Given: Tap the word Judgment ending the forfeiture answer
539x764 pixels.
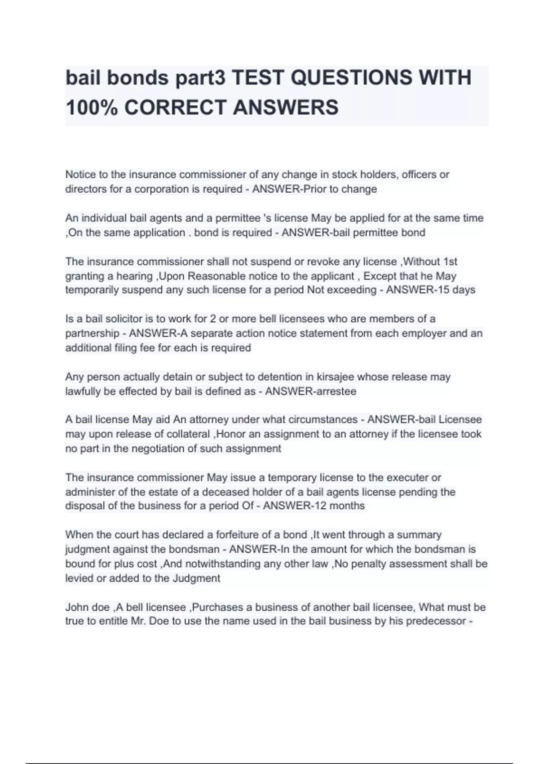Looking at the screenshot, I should [196, 578].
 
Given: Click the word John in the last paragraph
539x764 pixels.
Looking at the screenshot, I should [76, 608].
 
